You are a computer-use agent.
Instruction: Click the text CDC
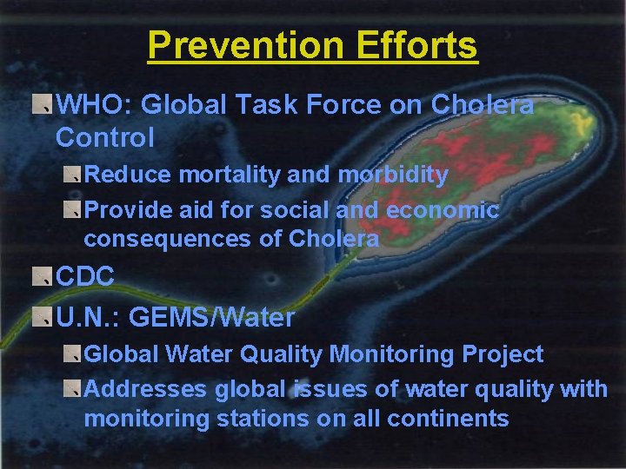[x=85, y=277]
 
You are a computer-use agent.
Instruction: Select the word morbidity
[x=393, y=175]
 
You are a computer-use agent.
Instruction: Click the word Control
[x=104, y=137]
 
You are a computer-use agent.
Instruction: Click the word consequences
[x=169, y=239]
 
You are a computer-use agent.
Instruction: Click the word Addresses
[x=140, y=389]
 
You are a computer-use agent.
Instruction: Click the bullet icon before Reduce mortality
[x=70, y=175]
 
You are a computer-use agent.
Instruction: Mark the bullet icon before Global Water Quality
[x=70, y=354]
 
